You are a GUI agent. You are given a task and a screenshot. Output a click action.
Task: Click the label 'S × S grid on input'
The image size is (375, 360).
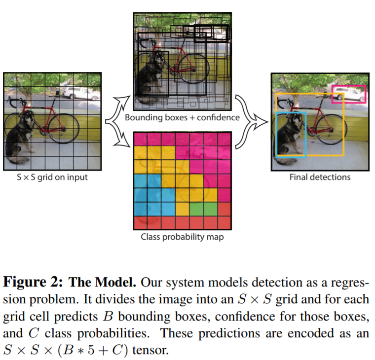(x=52, y=178)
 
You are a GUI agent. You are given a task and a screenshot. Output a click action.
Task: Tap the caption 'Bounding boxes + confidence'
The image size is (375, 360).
(x=182, y=117)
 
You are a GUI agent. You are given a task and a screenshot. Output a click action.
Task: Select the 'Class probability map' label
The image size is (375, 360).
(x=182, y=237)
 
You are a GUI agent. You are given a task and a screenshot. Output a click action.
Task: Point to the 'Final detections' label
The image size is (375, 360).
(x=320, y=177)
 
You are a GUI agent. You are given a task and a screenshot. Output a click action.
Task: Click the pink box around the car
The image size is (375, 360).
(x=349, y=86)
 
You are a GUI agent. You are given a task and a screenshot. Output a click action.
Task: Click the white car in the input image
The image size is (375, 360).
(x=81, y=93)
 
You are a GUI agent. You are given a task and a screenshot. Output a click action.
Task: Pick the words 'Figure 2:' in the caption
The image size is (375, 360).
(x=33, y=282)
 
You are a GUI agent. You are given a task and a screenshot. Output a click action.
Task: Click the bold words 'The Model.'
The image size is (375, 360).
(x=102, y=282)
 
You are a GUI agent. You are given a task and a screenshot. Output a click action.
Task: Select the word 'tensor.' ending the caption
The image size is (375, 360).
(x=150, y=350)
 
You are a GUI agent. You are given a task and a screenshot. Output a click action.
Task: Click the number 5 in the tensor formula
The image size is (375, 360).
(x=91, y=350)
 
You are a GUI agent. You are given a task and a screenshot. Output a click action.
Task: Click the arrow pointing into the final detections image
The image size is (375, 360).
(x=251, y=122)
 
